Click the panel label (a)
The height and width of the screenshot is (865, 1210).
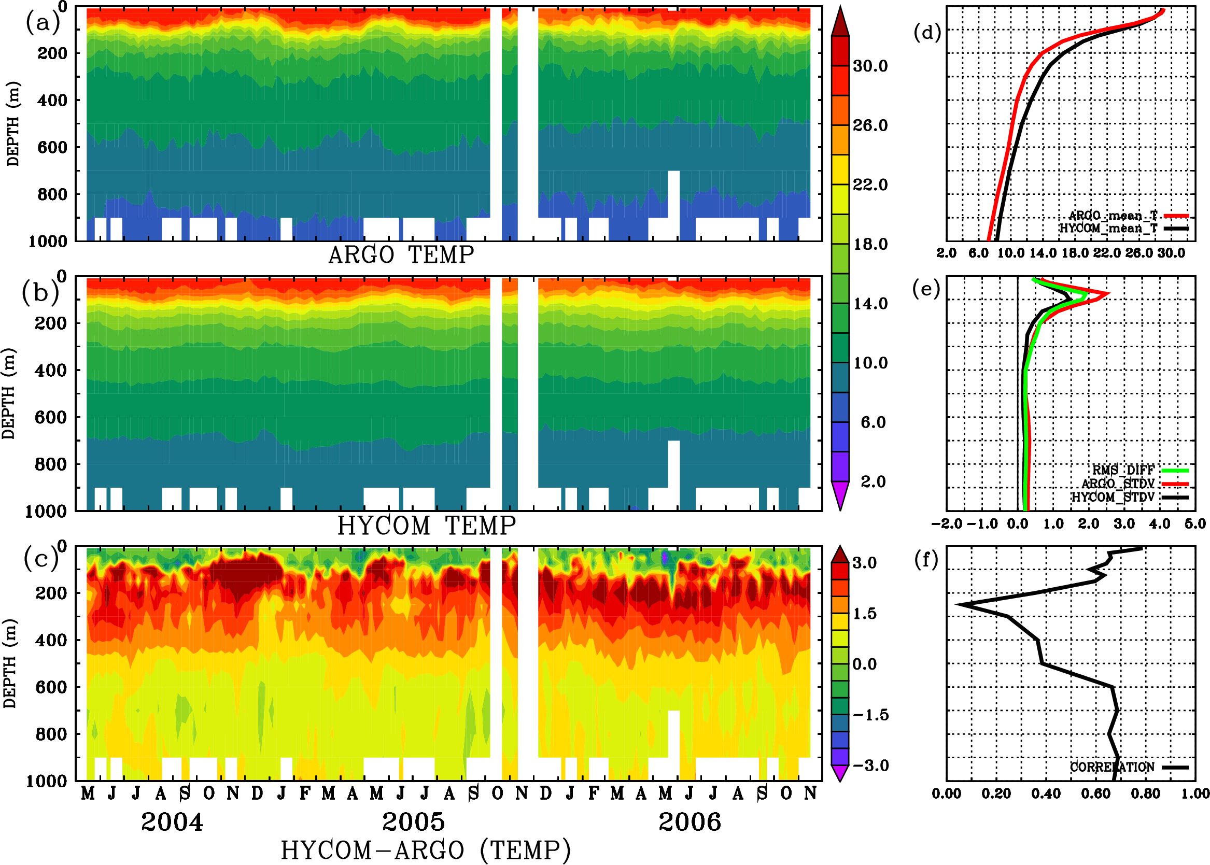coord(42,23)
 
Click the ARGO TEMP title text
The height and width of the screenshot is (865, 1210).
coord(401,255)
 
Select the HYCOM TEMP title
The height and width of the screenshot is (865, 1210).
coord(427,526)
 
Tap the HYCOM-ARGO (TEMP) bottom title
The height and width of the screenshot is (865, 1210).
coord(426,850)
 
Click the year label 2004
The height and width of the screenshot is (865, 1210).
coord(172,822)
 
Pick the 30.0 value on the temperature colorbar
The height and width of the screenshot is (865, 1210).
coord(870,66)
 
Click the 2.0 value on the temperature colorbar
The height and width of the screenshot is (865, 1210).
coord(873,481)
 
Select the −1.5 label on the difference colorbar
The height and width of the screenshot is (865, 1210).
coord(870,715)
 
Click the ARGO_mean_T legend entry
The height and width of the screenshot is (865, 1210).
coord(1113,216)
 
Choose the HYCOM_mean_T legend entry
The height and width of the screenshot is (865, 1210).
coord(1108,229)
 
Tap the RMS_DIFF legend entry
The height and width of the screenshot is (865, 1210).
coord(1123,470)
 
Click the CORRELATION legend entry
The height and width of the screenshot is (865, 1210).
coord(1113,767)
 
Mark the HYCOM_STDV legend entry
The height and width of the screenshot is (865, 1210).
coord(1113,497)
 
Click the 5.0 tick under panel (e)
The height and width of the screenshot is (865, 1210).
coord(1195,523)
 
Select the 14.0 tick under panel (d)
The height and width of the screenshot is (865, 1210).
coord(1043,253)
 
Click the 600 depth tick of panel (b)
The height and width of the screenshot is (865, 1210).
coord(51,417)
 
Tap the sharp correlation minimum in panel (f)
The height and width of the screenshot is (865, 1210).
coord(957,604)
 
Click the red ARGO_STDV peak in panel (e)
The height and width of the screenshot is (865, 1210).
coord(1109,293)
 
